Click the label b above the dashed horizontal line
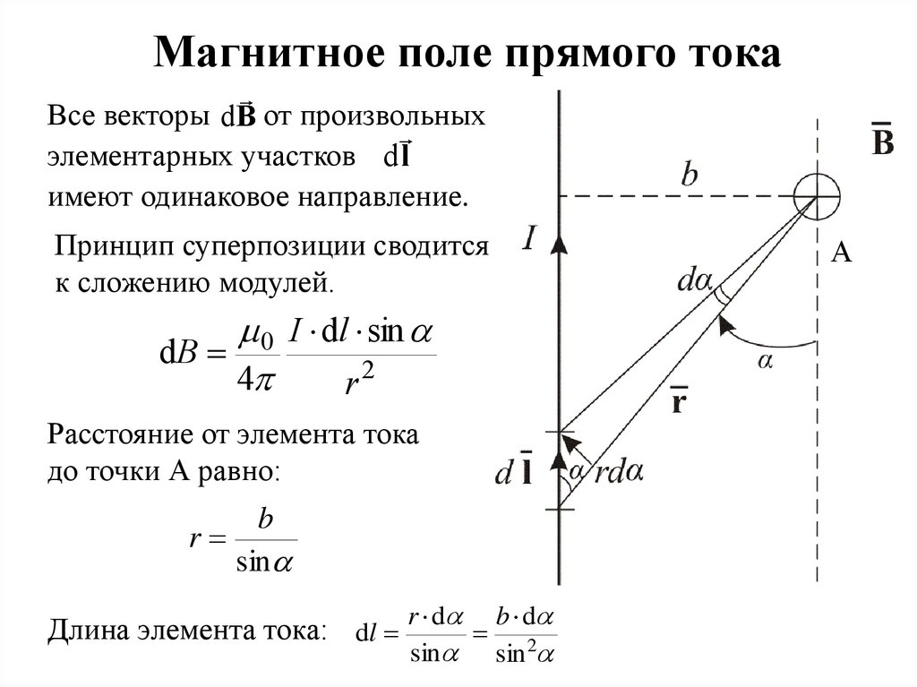coord(688,174)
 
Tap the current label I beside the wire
coord(529,239)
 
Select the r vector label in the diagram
coord(678,399)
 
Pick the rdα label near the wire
coord(620,472)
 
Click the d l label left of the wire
coord(516,473)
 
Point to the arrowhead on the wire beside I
coord(559,244)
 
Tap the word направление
coord(385,196)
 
